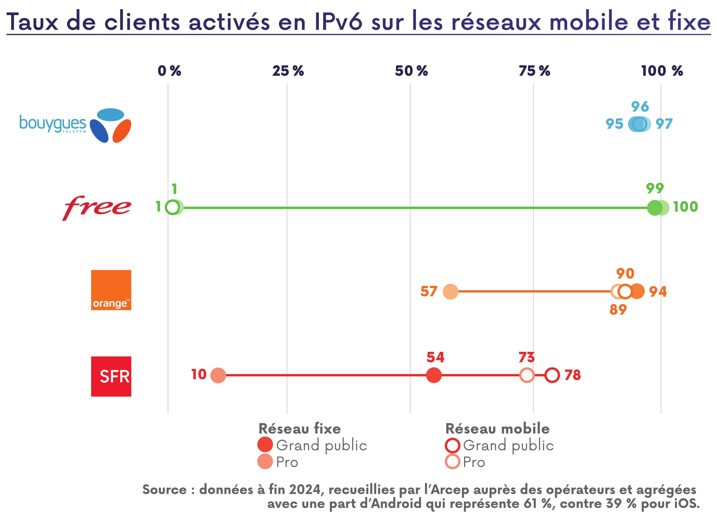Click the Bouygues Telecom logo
click(x=75, y=125)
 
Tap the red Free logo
click(x=96, y=208)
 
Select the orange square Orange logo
click(x=111, y=290)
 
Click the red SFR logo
click(x=111, y=376)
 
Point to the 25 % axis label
click(x=288, y=71)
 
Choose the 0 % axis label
click(x=169, y=71)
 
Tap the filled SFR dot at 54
click(x=434, y=375)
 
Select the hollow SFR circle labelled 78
click(x=552, y=375)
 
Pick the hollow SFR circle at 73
click(x=527, y=375)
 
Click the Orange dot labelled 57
click(x=450, y=291)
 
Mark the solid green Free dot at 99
click(x=655, y=208)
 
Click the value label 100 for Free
click(x=685, y=207)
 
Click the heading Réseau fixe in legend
click(x=299, y=429)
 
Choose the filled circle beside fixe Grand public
click(x=265, y=445)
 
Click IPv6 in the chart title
click(x=338, y=22)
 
